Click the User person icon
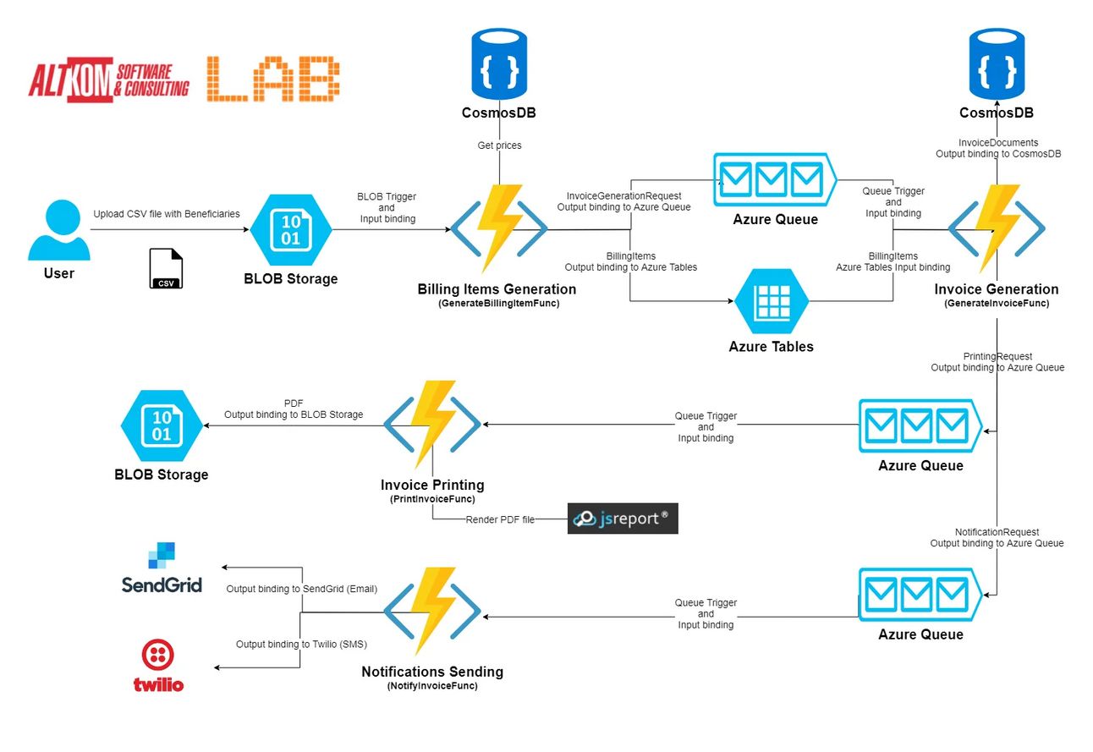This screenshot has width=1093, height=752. point(58,231)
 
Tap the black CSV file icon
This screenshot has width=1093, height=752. point(165,269)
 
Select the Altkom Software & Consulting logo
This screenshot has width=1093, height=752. point(108,82)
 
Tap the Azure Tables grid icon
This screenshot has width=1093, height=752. point(771,300)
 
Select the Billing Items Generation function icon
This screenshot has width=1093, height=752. point(499,228)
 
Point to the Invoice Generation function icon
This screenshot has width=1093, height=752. point(996,228)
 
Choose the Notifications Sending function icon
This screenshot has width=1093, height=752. point(432,610)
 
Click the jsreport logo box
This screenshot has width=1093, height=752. point(623,519)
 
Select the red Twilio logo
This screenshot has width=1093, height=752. point(158,666)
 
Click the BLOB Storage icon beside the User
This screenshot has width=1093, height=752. point(290,231)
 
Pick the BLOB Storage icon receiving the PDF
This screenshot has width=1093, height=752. point(162,425)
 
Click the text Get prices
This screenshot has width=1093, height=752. point(499,145)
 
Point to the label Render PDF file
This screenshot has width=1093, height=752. point(500,519)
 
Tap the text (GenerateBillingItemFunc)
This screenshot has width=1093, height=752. point(498,304)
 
